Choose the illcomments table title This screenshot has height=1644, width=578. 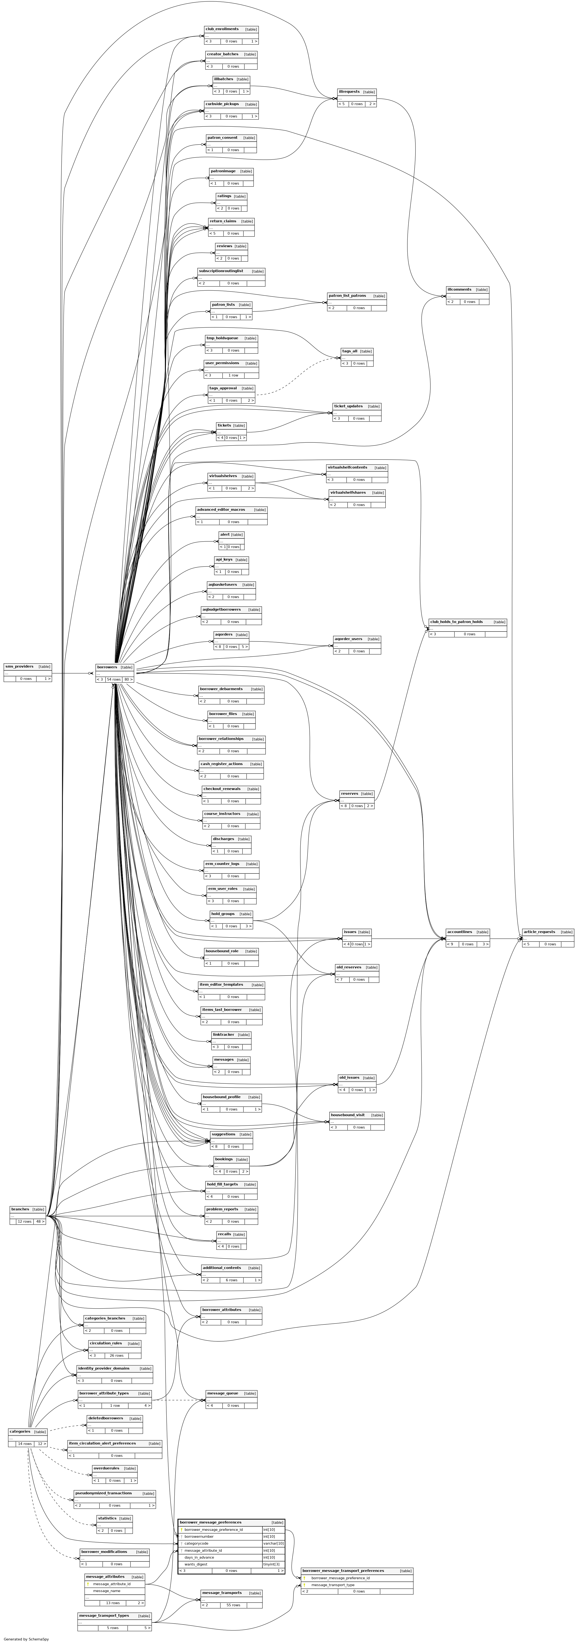459,289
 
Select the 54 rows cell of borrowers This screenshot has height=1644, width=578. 114,679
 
